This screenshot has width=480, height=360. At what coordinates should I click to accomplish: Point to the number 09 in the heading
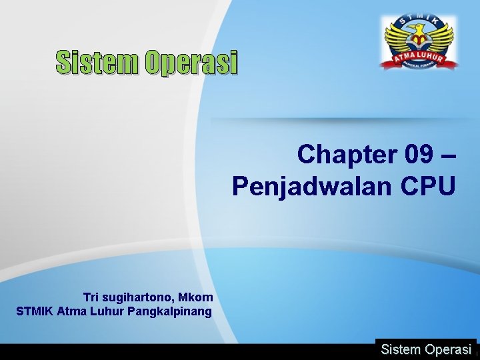[419, 154]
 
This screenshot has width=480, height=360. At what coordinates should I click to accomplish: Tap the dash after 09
[449, 154]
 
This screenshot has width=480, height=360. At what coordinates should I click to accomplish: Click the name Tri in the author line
[91, 297]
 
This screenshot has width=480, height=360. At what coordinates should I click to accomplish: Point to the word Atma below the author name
[71, 311]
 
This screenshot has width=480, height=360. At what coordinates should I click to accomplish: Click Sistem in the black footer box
[401, 349]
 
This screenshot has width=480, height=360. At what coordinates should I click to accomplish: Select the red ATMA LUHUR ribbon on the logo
[418, 59]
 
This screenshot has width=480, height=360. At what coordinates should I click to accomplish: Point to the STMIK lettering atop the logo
[418, 19]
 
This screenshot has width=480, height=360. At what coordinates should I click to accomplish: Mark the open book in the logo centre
[418, 47]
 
